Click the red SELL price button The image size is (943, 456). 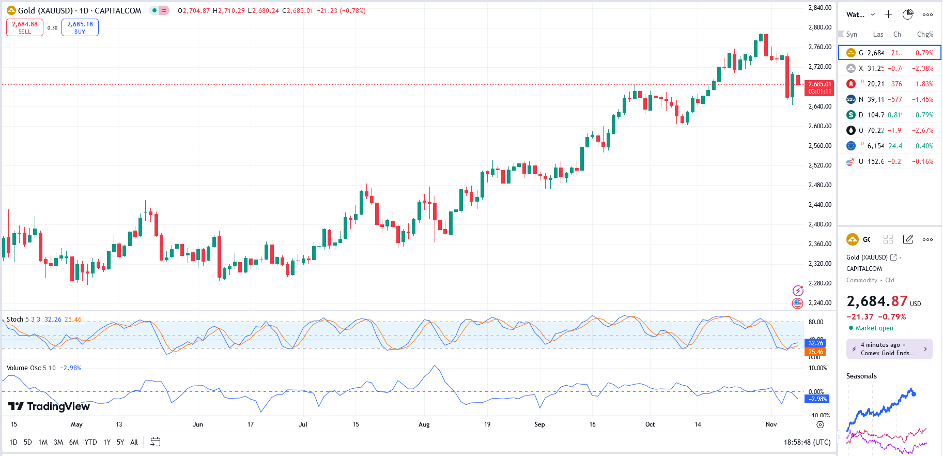[25, 27]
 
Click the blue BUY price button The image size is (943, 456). [80, 27]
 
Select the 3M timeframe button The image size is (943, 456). [58, 442]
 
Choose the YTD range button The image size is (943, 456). [90, 442]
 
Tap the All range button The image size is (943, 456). [134, 442]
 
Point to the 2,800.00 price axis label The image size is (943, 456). [820, 27]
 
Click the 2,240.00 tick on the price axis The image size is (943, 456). [820, 303]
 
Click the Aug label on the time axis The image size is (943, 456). [424, 424]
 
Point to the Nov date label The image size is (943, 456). [771, 424]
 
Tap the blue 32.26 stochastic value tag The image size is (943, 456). [815, 343]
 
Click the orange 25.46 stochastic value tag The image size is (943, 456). [815, 352]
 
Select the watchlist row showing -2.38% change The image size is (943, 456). [889, 68]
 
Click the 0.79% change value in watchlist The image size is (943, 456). [924, 115]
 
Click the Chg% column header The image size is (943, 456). [924, 35]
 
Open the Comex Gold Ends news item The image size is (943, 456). [889, 349]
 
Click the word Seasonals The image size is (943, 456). [861, 376]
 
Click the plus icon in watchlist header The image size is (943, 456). [888, 14]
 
